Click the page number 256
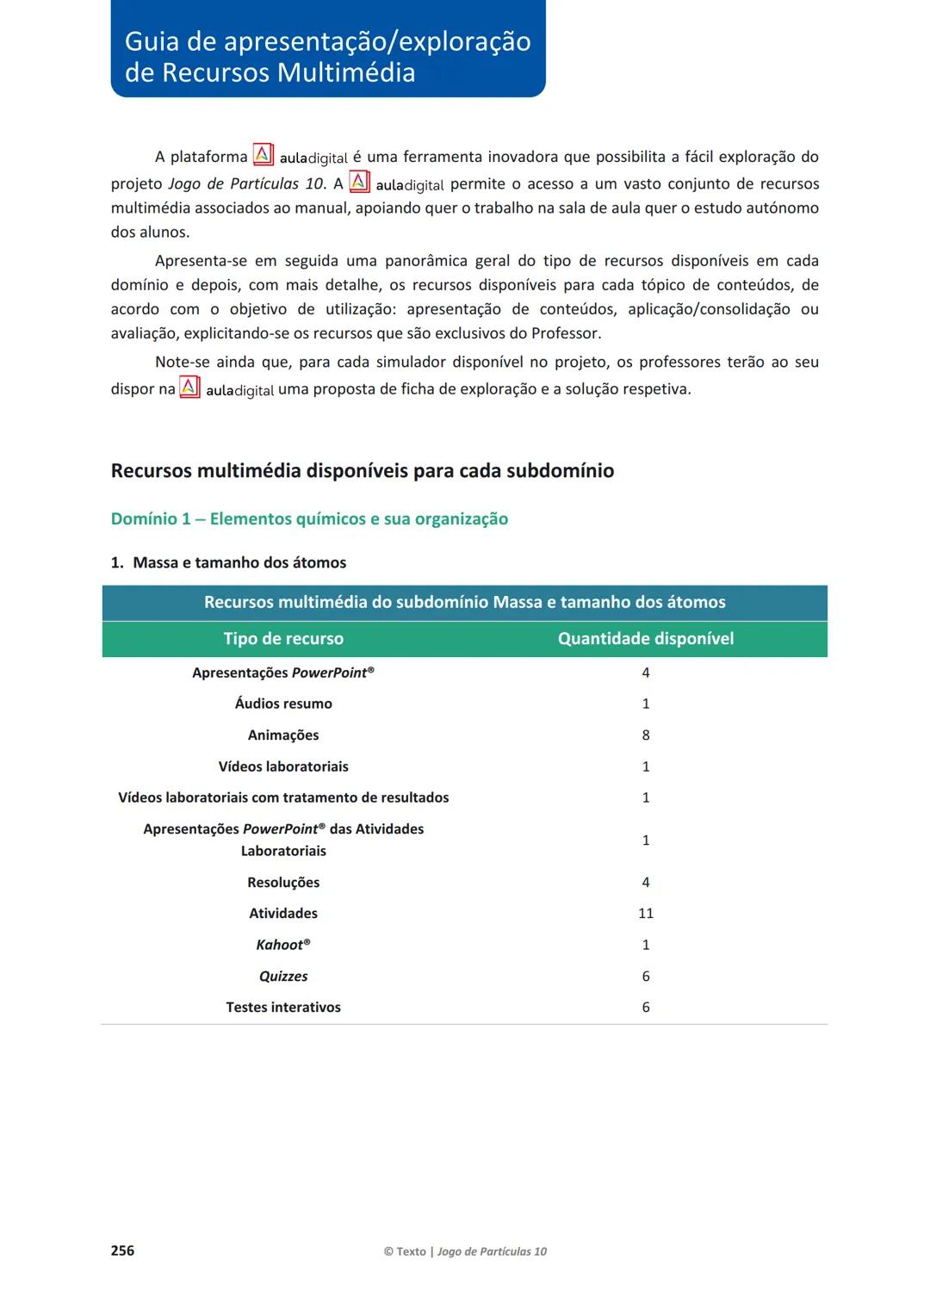click(122, 1250)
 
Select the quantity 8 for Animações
click(646, 735)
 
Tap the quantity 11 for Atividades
click(646, 914)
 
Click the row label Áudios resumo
click(283, 704)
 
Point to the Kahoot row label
click(283, 945)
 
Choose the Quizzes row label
click(283, 977)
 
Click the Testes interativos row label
click(283, 1008)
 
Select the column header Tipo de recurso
click(283, 639)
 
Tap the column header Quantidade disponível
click(646, 639)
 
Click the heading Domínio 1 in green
click(309, 519)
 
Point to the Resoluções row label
click(283, 883)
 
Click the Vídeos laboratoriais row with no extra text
click(283, 766)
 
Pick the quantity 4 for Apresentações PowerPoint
click(646, 673)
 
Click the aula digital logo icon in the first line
click(263, 155)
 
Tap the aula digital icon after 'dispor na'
click(189, 388)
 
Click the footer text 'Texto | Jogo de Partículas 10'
click(465, 1251)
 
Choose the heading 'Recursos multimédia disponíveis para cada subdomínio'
click(363, 471)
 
